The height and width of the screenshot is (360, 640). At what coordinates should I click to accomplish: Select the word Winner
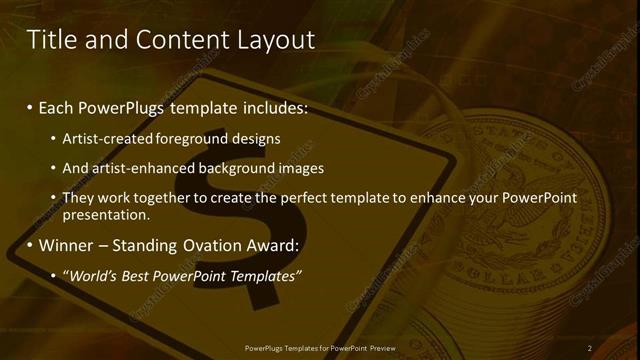coord(68,245)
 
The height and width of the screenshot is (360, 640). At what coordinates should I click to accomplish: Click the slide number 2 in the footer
coord(589,348)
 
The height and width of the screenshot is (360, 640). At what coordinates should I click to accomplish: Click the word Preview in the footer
coord(381,348)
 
